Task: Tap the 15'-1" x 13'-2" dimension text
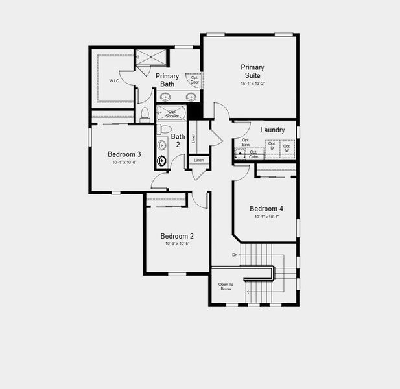click(x=252, y=84)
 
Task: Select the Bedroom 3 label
click(x=124, y=154)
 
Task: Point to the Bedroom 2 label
click(x=177, y=236)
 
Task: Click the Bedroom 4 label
click(x=266, y=209)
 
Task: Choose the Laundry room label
click(x=272, y=130)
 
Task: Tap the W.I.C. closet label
click(x=114, y=81)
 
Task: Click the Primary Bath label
click(x=167, y=80)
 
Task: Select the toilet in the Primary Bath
click(x=145, y=115)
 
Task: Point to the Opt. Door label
click(x=194, y=80)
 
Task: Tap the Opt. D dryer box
click(x=272, y=147)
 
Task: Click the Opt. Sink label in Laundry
click(x=246, y=142)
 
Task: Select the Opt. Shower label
click(x=172, y=113)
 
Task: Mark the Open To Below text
click(x=225, y=287)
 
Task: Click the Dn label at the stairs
click(x=234, y=255)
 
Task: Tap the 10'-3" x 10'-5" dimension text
click(x=177, y=244)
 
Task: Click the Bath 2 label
click(x=178, y=140)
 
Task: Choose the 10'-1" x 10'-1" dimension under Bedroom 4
click(x=266, y=217)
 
